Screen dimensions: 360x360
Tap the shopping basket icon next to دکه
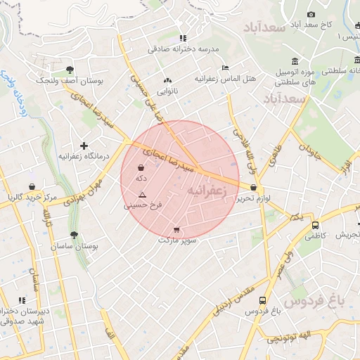pos(141,169)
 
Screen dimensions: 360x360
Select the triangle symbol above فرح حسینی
pos(142,194)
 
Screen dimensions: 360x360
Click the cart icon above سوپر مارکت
pos(176,229)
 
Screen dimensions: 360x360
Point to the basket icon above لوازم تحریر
pos(253,187)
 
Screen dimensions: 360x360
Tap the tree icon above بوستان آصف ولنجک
pos(70,69)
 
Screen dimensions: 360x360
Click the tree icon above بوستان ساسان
pos(73,236)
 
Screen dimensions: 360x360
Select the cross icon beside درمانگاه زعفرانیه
pos(84,145)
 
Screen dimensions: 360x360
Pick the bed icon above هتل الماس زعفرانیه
pos(225,67)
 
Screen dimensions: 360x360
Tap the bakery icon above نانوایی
pos(167,80)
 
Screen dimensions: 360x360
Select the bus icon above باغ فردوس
pos(263,300)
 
